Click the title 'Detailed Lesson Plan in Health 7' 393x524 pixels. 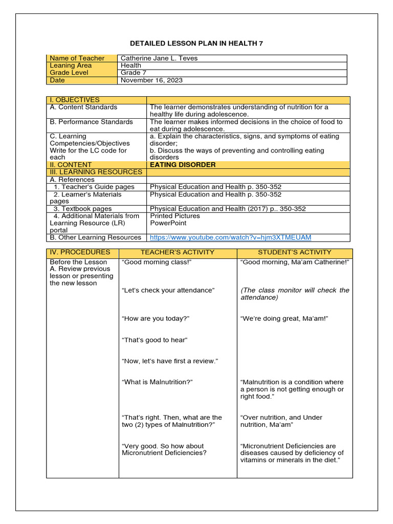click(x=196, y=43)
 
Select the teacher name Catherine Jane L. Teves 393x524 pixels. click(x=159, y=58)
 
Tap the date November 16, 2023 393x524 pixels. click(x=151, y=80)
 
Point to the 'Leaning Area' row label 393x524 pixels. click(x=71, y=65)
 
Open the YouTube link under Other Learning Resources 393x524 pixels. click(x=230, y=237)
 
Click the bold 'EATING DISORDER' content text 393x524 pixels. click(x=183, y=165)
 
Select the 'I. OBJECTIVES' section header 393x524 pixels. click(x=75, y=100)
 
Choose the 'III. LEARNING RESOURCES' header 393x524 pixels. click(x=96, y=172)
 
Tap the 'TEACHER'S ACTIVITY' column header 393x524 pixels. click(x=178, y=252)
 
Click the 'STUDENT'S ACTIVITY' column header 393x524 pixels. click(x=294, y=252)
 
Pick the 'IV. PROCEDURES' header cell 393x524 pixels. click(x=80, y=252)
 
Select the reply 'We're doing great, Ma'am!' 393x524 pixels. click(x=284, y=319)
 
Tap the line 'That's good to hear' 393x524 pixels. click(x=155, y=340)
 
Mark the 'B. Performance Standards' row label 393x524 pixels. click(x=91, y=122)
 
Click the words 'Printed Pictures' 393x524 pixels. click(x=175, y=216)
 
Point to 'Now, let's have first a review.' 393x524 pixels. click(x=170, y=361)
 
